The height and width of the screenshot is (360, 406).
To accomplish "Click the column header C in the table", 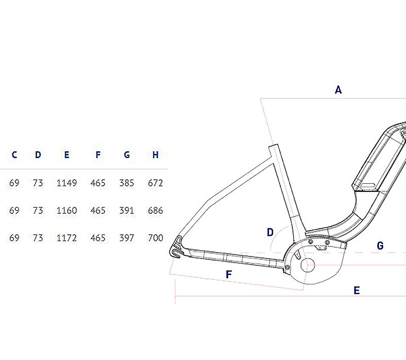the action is coord(14,155).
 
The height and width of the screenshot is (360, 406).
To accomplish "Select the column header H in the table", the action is coord(155,155).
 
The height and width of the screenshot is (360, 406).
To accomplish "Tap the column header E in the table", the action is coord(66,155).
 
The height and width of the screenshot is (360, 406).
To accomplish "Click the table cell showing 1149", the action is coord(66,183).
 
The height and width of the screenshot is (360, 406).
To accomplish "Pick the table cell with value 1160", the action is coord(66,210).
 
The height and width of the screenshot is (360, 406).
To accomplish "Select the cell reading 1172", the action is coord(66,238).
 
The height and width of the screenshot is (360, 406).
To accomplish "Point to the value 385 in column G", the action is coord(126,183).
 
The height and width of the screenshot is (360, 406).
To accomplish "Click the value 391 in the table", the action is coord(126,210).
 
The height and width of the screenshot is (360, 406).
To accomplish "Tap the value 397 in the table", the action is coord(126,238).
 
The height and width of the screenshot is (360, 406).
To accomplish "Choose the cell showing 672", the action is coord(155,183).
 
